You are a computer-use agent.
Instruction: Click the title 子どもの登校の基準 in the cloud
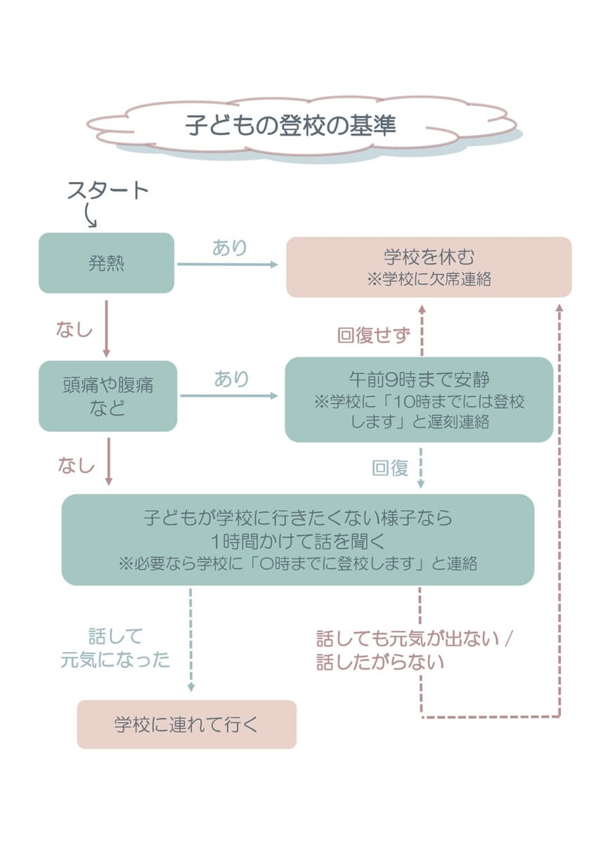[x=290, y=126]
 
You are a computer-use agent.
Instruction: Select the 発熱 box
[x=106, y=263]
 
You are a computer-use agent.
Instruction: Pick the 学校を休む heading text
[x=429, y=257]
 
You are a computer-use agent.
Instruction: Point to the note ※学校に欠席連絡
[x=429, y=279]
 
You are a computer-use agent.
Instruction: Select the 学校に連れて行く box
[x=186, y=724]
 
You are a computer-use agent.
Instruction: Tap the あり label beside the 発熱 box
[x=230, y=248]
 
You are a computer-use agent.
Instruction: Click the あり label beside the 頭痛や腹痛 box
[x=231, y=379]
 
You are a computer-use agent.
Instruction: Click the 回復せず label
[x=373, y=335]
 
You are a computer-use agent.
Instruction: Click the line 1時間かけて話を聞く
[x=297, y=541]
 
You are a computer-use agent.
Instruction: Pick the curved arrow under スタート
[x=90, y=216]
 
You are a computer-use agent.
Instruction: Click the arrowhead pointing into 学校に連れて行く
[x=190, y=688]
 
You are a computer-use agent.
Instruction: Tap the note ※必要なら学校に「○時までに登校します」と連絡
[x=297, y=564]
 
